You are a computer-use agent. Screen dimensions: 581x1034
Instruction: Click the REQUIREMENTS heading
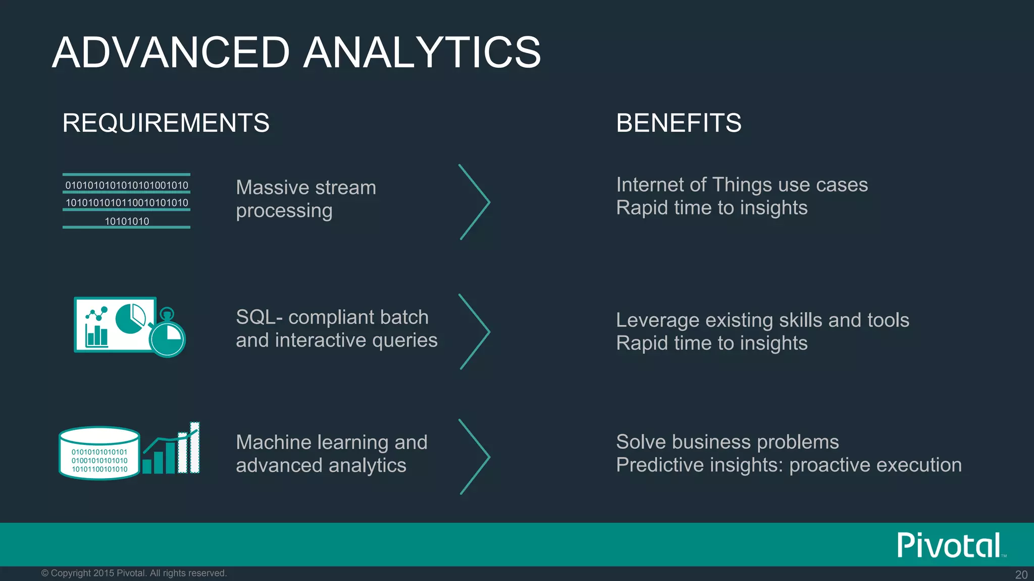click(x=166, y=123)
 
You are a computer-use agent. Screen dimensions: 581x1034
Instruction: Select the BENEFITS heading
click(x=679, y=123)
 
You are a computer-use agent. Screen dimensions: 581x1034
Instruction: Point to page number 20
click(x=1021, y=574)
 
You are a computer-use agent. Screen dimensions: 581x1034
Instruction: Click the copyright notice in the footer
click(x=134, y=573)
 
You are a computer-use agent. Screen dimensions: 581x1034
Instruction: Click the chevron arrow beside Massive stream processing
click(x=475, y=202)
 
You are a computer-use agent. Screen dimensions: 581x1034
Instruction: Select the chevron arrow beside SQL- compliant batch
click(x=475, y=331)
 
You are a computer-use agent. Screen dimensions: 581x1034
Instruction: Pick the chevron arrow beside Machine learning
click(x=475, y=456)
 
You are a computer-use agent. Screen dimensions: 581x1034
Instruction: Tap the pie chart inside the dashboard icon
click(x=130, y=318)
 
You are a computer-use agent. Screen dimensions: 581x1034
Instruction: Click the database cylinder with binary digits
click(x=99, y=453)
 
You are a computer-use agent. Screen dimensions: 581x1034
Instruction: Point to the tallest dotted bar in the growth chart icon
click(x=195, y=448)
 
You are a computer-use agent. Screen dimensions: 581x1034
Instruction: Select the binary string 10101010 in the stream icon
click(x=127, y=221)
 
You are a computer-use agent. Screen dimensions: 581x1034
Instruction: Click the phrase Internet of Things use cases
click(x=742, y=185)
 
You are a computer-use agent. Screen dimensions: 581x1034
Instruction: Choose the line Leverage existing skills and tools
click(x=762, y=320)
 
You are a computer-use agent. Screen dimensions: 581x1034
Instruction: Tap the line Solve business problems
click(x=727, y=442)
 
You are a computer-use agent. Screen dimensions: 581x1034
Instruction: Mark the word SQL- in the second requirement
click(x=259, y=317)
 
